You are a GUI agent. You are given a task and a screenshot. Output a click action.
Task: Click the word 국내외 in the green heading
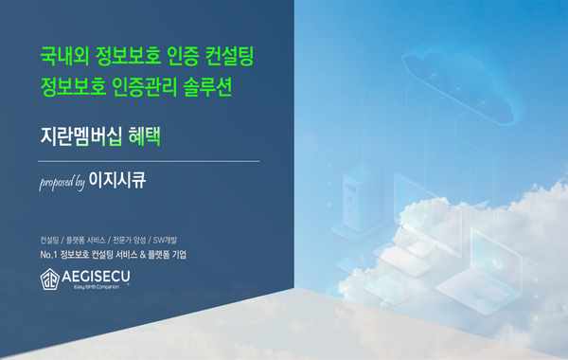coord(63,56)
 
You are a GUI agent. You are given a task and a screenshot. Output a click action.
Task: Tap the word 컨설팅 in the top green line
coord(229,56)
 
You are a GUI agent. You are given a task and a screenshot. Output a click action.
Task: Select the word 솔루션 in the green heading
coord(207,87)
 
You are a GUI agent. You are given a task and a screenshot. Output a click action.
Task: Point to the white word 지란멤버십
coord(80,136)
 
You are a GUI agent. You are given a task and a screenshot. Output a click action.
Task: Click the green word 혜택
coord(145,136)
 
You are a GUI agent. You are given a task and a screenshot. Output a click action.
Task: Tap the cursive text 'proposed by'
coord(62,183)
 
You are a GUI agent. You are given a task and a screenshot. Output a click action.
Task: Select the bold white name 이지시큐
coord(117,180)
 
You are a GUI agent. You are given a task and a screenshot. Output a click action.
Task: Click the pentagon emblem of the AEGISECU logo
coord(49,279)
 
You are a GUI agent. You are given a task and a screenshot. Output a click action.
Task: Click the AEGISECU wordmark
coord(96,277)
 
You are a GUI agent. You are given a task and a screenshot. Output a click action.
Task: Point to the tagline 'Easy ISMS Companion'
coord(97,287)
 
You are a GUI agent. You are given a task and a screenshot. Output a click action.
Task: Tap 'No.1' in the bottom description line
coord(48,255)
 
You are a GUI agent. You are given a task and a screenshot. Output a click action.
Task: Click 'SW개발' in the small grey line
coord(165,240)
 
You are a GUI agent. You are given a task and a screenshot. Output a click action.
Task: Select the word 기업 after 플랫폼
coord(179,255)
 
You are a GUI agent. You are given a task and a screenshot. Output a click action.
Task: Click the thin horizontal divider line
coord(149,161)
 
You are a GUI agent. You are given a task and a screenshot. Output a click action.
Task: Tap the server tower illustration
coord(364,199)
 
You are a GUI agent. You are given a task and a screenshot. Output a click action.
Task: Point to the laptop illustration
coord(480,272)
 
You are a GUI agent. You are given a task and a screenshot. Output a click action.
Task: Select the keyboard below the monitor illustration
coord(405,261)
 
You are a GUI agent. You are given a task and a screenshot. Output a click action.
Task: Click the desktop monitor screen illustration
coord(428,215)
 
